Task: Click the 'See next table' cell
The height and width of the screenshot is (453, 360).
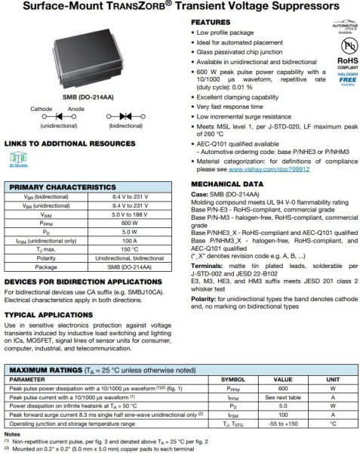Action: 282,396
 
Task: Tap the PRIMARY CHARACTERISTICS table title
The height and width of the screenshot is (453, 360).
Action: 61,186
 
